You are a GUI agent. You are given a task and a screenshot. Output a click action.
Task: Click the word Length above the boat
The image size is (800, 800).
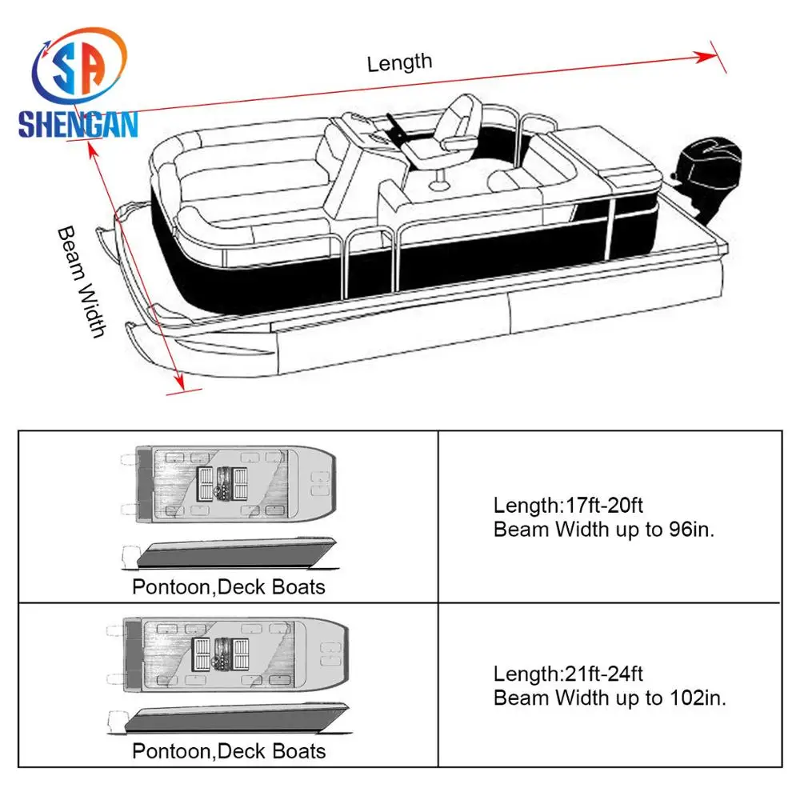pos(399,62)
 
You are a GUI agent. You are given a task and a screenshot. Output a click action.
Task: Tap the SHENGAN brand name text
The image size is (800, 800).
pos(78,124)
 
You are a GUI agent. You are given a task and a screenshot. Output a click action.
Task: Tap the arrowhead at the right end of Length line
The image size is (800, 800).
pos(707,56)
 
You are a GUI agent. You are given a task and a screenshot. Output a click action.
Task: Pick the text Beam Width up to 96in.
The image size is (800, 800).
pos(603,529)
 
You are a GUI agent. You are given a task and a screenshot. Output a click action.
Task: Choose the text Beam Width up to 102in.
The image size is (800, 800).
pos(610,697)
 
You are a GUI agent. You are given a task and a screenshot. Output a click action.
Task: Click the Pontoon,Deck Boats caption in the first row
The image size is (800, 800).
pos(229,586)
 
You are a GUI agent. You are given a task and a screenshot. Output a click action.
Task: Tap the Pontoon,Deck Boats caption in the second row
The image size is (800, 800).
pos(229,750)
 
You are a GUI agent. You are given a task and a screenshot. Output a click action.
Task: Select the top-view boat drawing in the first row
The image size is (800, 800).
pos(227,486)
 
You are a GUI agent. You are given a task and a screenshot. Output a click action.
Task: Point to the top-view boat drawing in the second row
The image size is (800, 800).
pos(227,650)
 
